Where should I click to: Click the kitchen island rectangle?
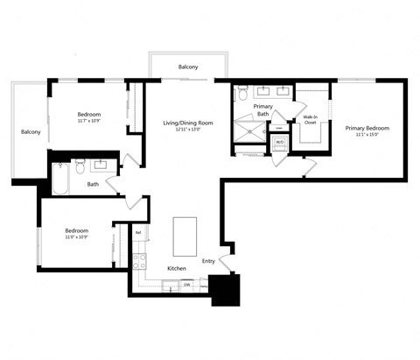point(185,236)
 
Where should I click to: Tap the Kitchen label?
point(178,267)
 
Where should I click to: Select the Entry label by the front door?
point(208,260)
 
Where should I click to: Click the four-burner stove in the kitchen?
point(139,260)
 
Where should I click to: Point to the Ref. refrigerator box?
point(138,233)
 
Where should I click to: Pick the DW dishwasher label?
point(187,284)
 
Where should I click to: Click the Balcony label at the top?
point(188,67)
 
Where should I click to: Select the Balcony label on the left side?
point(31,131)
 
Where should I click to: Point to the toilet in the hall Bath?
point(80,164)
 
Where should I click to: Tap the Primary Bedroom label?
point(367,128)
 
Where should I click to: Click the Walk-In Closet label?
point(310,119)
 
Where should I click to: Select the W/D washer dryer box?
point(279,142)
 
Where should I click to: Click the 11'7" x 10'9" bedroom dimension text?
point(88,121)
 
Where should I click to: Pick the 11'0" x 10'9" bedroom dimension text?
point(77,236)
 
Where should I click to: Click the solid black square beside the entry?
point(226,289)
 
